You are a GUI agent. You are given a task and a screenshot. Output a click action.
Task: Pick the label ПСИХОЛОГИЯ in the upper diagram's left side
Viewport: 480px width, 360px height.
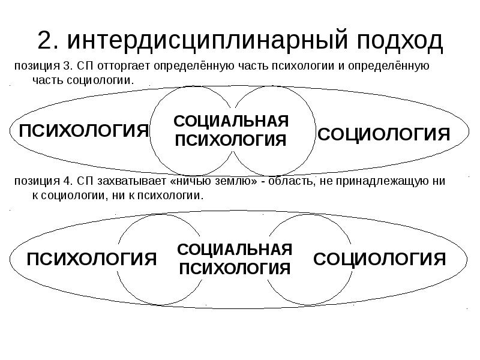[84, 130]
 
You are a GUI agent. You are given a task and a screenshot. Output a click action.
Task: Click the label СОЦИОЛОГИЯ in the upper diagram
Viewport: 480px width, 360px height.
[383, 133]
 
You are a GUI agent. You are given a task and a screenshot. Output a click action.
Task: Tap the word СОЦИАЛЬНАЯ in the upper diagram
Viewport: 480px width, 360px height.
[231, 121]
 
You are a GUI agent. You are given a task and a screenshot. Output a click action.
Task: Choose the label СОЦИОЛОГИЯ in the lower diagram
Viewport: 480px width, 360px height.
[380, 259]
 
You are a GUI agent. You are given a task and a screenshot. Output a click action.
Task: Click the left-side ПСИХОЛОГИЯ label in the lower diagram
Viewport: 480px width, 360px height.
[92, 259]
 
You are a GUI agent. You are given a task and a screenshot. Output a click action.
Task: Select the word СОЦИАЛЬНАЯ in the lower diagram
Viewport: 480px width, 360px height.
[235, 249]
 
